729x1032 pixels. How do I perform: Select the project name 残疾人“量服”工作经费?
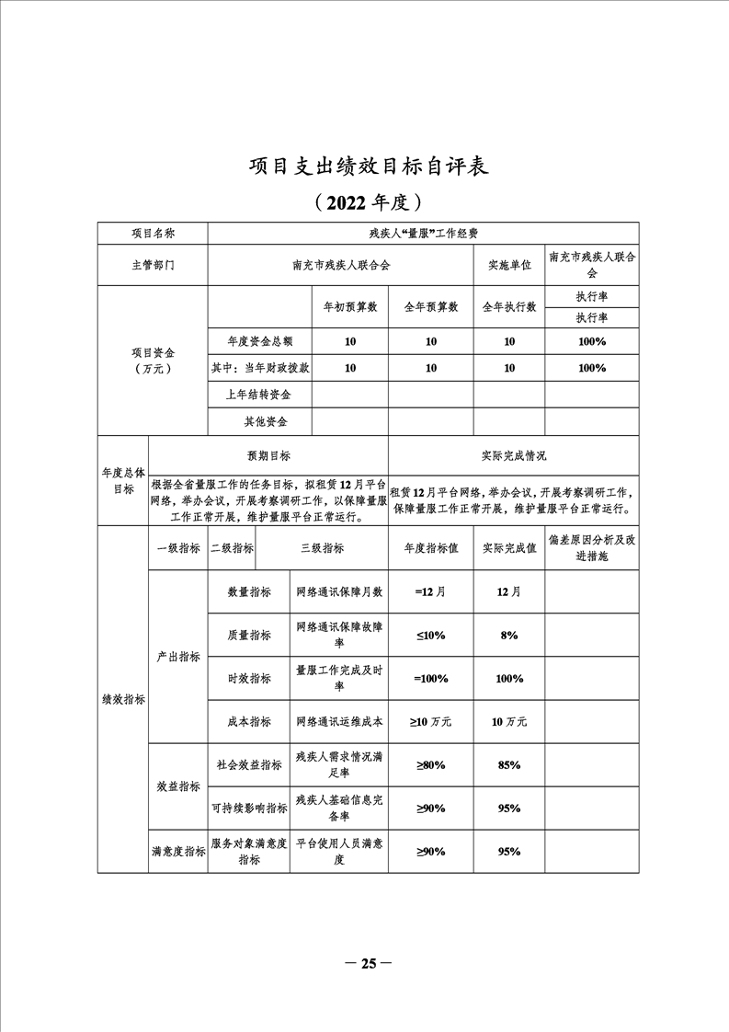click(x=423, y=234)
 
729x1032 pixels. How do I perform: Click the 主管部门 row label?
click(x=153, y=265)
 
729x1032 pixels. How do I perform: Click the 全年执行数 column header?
click(x=509, y=306)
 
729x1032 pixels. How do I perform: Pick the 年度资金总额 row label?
click(x=259, y=341)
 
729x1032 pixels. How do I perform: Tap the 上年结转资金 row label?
click(x=259, y=395)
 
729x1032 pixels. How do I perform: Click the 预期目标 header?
click(x=268, y=455)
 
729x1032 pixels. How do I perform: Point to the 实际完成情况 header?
click(x=513, y=455)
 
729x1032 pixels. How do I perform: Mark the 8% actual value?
click(x=509, y=635)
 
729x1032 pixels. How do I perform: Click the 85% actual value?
click(x=509, y=764)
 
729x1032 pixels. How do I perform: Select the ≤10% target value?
click(x=430, y=635)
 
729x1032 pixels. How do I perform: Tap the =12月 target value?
click(x=430, y=591)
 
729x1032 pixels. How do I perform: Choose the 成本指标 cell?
click(x=249, y=722)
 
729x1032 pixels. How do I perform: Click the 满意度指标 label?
click(x=178, y=852)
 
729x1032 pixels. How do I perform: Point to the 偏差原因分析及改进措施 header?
click(x=591, y=548)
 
